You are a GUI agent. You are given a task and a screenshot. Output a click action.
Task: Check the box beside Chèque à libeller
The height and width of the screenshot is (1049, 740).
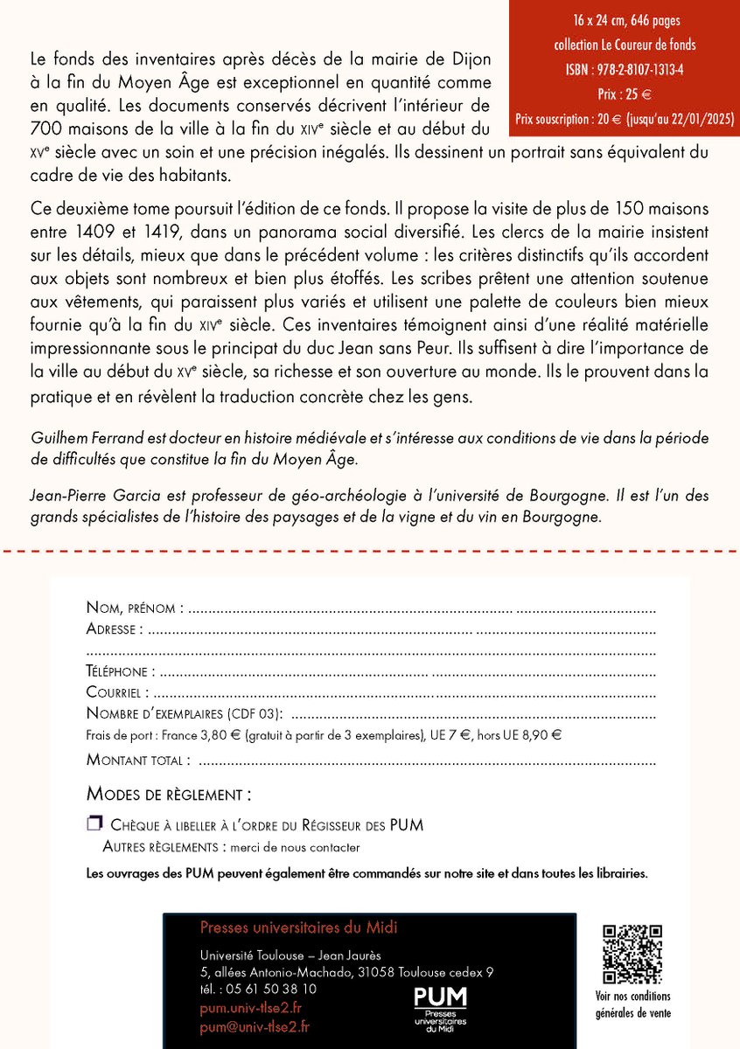94,823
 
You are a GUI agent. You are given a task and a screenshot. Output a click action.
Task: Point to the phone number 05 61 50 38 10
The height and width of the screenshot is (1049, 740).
270,989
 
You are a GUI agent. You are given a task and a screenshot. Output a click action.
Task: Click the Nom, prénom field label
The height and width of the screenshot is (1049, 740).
135,608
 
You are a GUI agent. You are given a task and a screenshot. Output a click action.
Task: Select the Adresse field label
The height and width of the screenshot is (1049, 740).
114,629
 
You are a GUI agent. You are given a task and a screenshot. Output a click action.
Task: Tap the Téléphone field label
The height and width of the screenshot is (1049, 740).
121,671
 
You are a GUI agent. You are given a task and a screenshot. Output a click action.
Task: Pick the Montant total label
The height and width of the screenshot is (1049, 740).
135,760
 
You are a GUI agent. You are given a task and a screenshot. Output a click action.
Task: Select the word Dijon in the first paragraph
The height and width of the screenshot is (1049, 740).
471,58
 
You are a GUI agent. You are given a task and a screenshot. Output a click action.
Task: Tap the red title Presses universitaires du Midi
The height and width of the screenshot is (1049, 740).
298,927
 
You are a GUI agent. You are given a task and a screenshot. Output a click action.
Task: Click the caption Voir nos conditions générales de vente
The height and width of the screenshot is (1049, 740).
632,1004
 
